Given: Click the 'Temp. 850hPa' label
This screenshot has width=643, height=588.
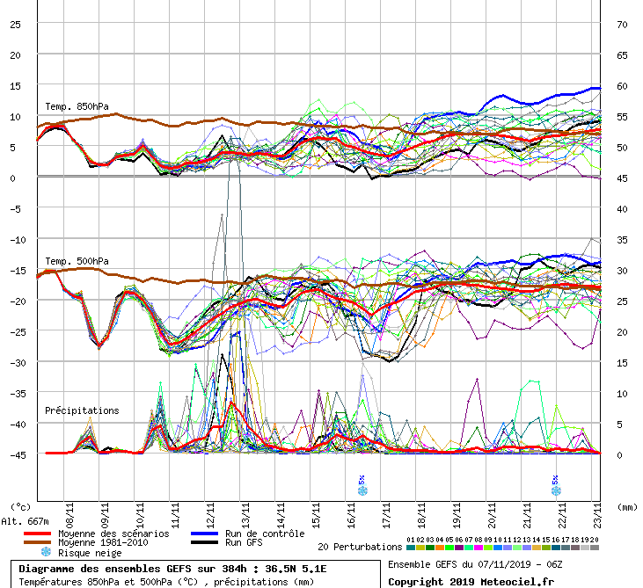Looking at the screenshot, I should [77, 107].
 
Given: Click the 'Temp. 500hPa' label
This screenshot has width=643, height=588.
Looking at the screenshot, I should [77, 261].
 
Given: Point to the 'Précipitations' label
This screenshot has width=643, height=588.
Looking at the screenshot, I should [82, 410].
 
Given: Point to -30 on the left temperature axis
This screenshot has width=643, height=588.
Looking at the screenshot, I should [15, 362].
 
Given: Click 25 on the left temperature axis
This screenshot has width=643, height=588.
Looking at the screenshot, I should [15, 24].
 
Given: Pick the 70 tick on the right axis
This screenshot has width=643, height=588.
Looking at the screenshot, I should [621, 24].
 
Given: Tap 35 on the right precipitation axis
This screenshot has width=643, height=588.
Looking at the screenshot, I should [621, 239].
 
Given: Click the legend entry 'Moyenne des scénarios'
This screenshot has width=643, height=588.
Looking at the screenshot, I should [113, 534].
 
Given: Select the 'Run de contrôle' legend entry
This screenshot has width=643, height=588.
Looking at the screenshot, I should [264, 534].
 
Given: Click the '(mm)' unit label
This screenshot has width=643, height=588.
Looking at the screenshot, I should [626, 507].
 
